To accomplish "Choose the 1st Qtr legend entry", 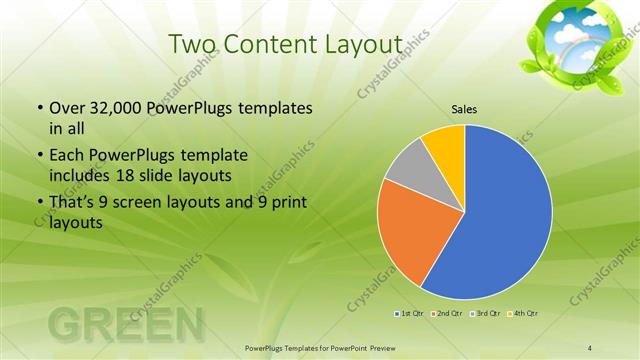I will [409, 314].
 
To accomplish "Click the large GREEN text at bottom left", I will [125, 325].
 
